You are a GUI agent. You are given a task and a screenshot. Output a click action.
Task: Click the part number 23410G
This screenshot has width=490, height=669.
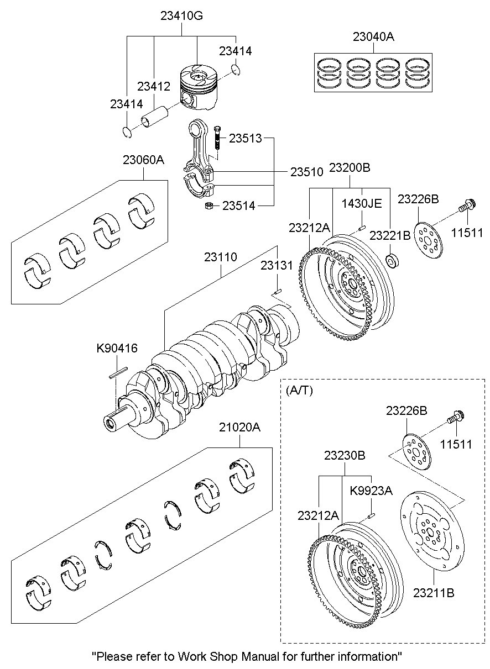tap(182, 16)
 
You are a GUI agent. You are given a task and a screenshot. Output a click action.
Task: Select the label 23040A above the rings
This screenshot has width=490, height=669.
tap(374, 37)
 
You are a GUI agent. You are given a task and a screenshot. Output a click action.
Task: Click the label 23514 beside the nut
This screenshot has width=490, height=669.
tap(239, 206)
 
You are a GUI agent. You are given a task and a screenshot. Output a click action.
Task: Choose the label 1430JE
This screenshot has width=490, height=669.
tap(362, 203)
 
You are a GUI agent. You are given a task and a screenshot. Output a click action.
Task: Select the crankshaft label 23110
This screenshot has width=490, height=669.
tap(221, 257)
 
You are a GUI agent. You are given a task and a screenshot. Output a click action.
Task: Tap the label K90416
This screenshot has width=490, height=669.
tap(117, 348)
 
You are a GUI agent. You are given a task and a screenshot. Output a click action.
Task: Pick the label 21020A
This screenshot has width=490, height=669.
tap(239, 428)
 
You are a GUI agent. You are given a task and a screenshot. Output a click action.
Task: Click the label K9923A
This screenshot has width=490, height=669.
tap(371, 490)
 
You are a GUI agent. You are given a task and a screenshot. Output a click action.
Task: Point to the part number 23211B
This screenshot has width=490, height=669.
tap(434, 593)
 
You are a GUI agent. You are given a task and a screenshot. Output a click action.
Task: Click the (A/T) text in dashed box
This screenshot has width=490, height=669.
tap(299, 390)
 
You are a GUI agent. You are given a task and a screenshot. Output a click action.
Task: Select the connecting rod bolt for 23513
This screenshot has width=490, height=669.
tap(216, 137)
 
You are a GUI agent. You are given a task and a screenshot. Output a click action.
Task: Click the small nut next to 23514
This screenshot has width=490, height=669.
tap(210, 206)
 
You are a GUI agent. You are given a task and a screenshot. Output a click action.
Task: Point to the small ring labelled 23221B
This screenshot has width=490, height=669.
tap(392, 260)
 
